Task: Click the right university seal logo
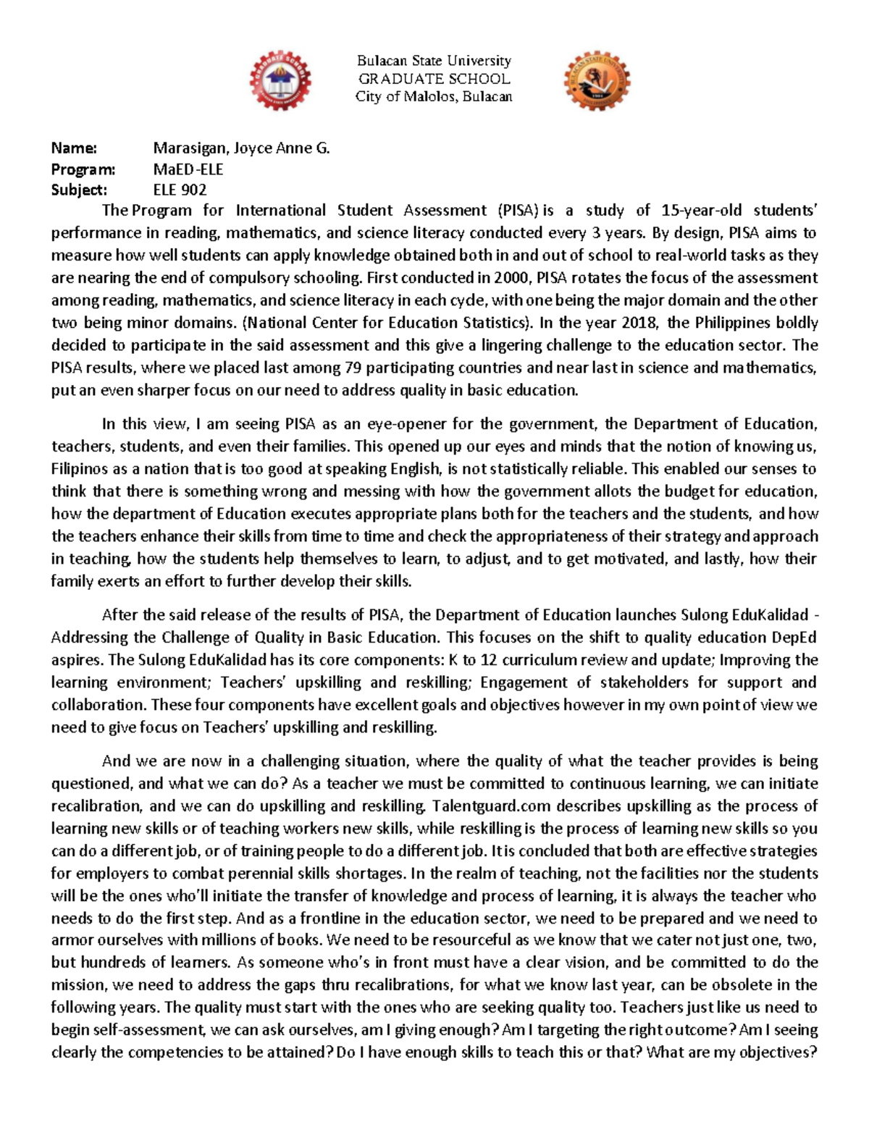point(597,81)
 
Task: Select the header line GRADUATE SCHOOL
point(434,79)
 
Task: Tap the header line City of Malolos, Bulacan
point(434,97)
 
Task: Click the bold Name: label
point(74,148)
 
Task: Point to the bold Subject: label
point(79,190)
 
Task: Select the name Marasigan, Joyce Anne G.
point(241,148)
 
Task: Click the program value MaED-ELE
point(188,169)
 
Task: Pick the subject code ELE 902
point(180,190)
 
